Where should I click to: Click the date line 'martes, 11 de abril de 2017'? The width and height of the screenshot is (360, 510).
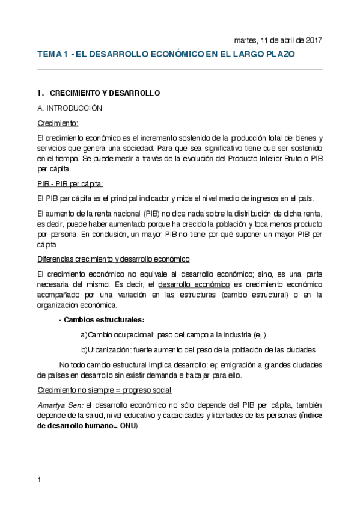(278, 40)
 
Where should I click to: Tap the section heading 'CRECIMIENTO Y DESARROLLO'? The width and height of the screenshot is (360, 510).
(105, 94)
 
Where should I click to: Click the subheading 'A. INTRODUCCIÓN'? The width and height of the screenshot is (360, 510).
(70, 108)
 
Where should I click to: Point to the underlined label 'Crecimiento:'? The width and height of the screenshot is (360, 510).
(58, 123)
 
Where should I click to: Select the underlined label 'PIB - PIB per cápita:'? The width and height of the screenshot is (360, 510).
(70, 183)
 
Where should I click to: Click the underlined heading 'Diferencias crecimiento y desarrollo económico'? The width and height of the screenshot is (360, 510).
(113, 259)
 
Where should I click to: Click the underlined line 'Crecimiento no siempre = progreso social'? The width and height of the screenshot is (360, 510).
(104, 390)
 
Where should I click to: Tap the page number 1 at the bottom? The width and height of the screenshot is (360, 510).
(39, 479)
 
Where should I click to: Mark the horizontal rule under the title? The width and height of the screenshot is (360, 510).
(180, 70)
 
